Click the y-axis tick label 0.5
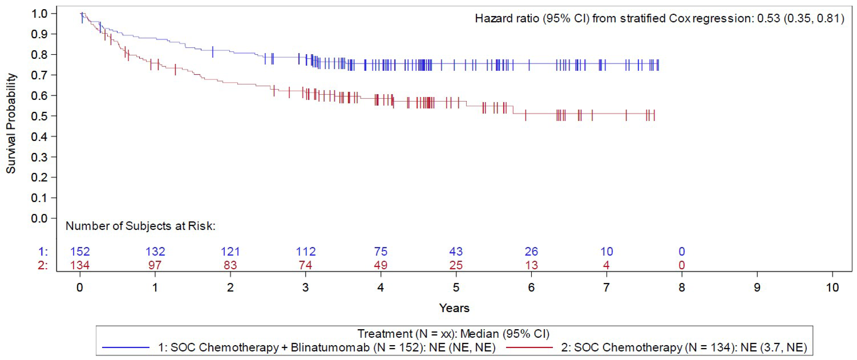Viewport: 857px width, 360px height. coord(39,116)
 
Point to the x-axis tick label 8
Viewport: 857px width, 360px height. coord(682,287)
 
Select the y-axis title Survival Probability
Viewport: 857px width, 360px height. coord(11,123)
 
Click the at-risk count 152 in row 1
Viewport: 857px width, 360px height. coord(80,252)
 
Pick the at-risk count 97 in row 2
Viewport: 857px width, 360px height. coord(155,265)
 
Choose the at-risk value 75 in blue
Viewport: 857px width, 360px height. coord(381,252)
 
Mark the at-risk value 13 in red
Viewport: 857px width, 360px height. coord(531,265)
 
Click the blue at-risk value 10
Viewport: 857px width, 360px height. coord(606,252)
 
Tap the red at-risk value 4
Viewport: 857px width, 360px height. coord(606,265)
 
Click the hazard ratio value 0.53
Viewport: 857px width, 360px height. coord(768,18)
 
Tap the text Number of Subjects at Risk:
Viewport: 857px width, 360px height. coord(140,226)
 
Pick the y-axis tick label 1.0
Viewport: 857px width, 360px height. coord(39,14)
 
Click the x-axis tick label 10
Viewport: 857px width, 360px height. coord(832,287)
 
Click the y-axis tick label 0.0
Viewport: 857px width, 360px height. coord(39,219)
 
